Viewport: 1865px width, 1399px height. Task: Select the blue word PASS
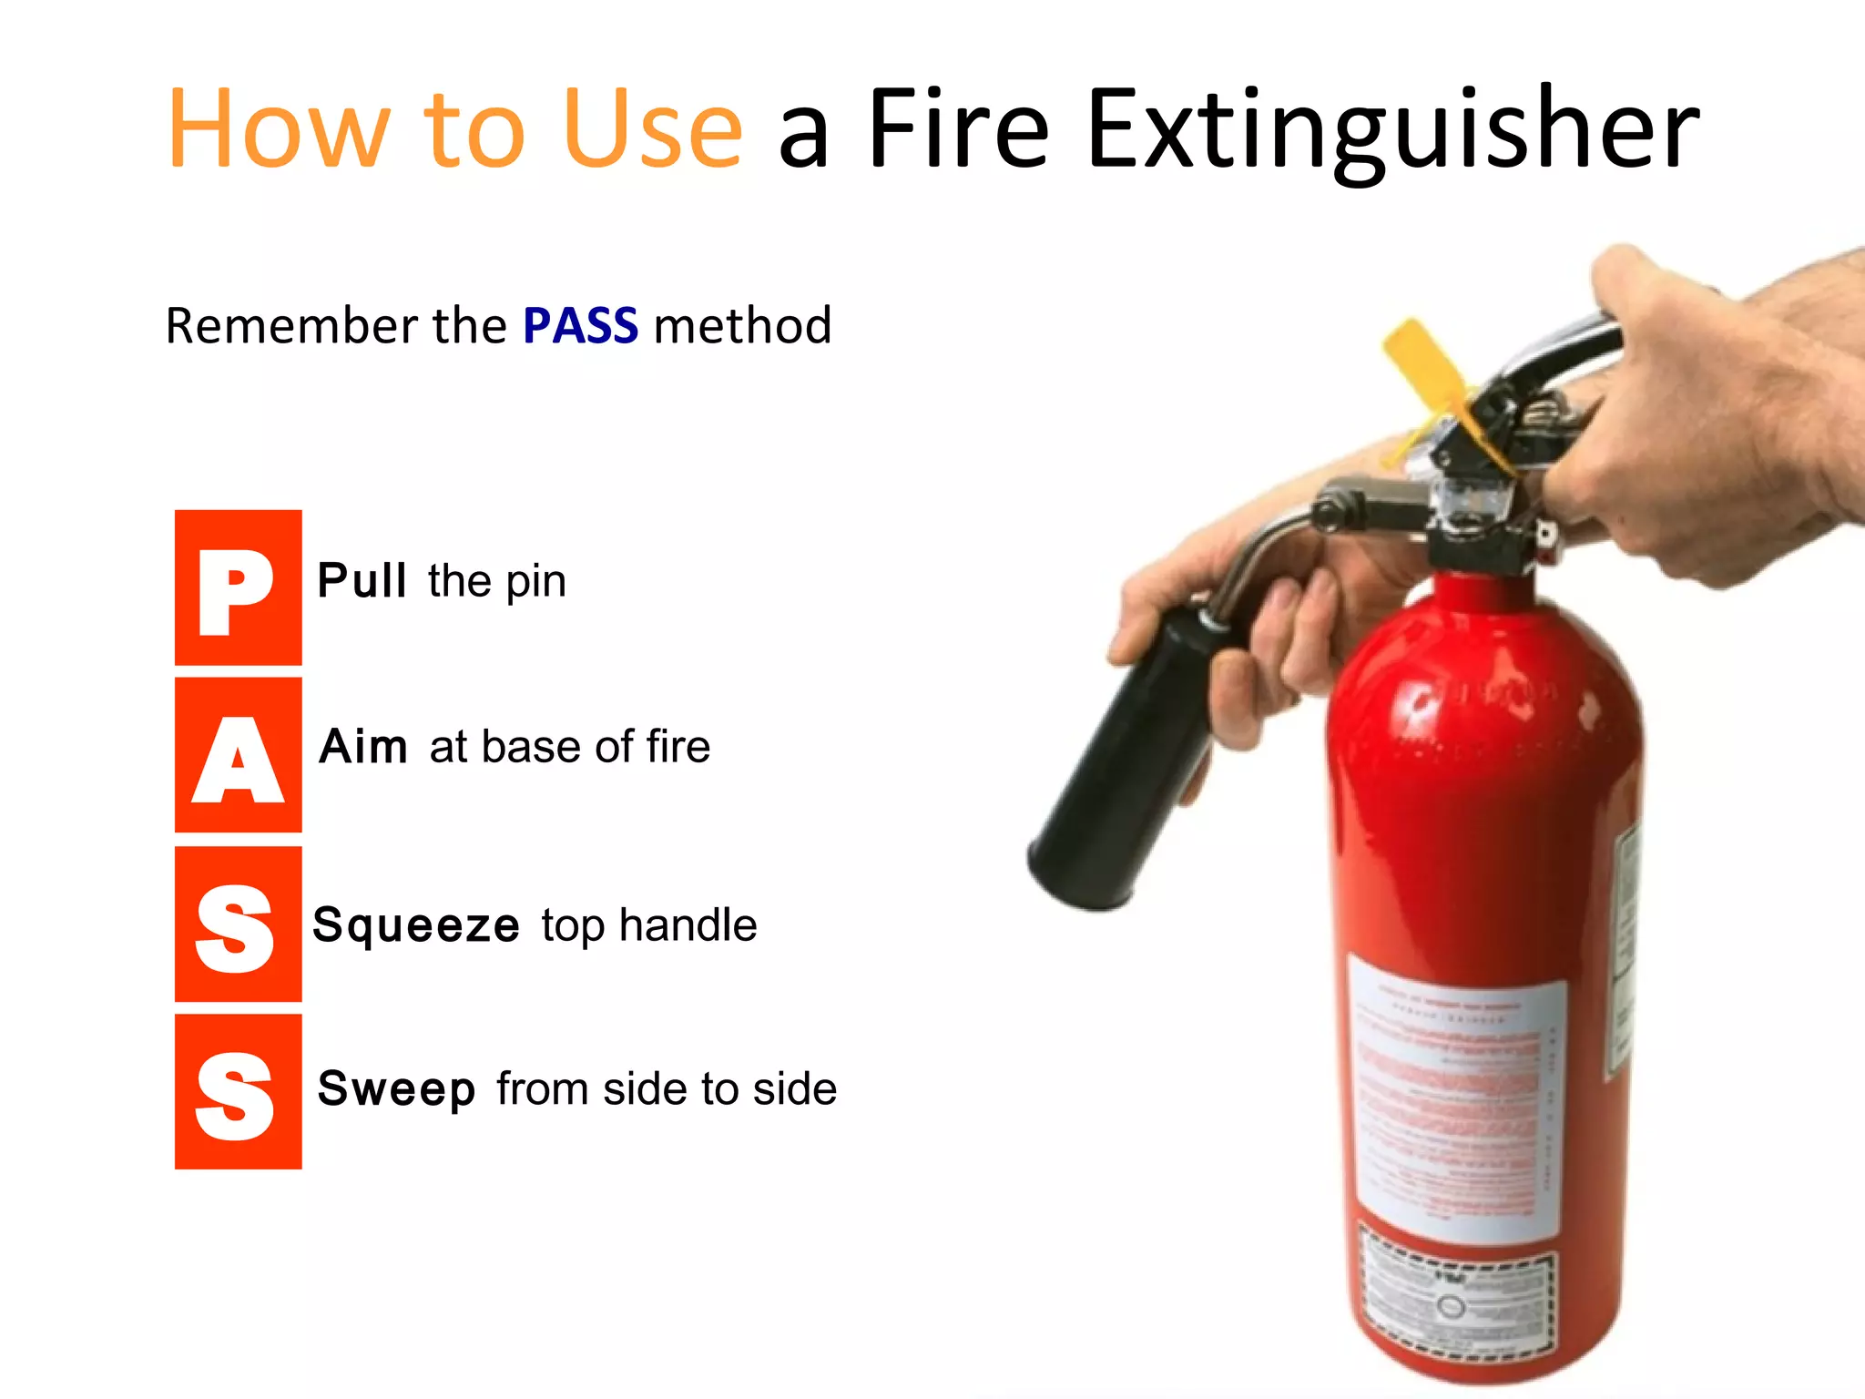[x=580, y=326]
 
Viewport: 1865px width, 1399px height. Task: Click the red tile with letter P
[x=238, y=587]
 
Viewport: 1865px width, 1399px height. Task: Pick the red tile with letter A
[x=238, y=755]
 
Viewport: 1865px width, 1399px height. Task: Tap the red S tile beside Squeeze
[x=238, y=924]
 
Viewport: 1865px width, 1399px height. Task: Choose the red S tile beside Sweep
[x=238, y=1091]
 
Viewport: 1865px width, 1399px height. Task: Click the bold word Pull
[x=362, y=581]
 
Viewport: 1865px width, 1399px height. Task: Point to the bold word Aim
[x=363, y=747]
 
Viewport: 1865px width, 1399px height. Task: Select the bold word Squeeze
[x=416, y=926]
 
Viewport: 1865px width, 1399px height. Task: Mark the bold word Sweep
[x=396, y=1089]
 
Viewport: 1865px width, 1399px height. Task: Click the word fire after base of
[x=678, y=747]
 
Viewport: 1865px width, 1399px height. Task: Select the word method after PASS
[x=742, y=326]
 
